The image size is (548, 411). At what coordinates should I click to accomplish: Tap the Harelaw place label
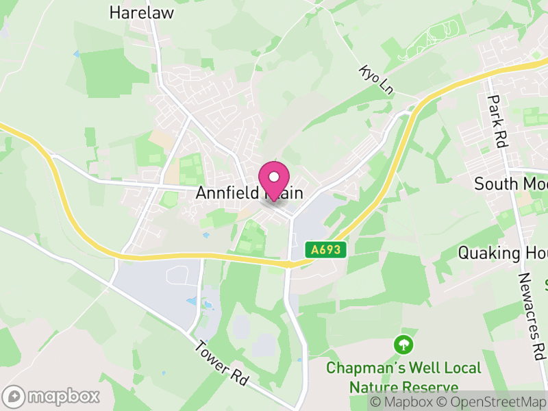pyautogui.click(x=142, y=12)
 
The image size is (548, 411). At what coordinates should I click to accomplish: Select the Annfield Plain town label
pyautogui.click(x=249, y=193)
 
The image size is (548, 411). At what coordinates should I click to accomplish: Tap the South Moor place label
pyautogui.click(x=510, y=184)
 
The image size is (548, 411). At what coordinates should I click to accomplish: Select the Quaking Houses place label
pyautogui.click(x=502, y=253)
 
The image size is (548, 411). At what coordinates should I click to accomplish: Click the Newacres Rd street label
pyautogui.click(x=530, y=317)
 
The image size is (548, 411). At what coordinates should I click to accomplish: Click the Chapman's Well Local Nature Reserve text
pyautogui.click(x=403, y=377)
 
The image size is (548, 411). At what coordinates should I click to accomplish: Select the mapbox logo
pyautogui.click(x=52, y=396)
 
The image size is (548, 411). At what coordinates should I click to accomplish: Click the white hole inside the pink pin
pyautogui.click(x=274, y=177)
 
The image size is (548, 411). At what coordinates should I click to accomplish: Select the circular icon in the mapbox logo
pyautogui.click(x=14, y=396)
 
